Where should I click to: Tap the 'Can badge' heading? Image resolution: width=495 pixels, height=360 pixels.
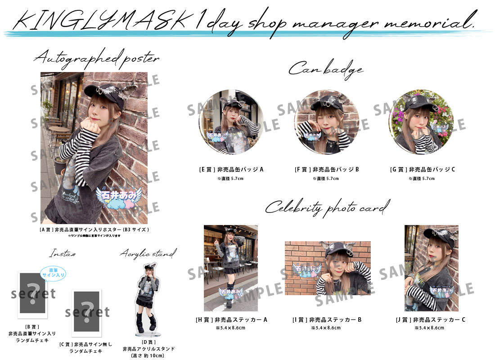pos(325,69)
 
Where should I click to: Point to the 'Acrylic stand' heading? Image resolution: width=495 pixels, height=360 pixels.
pos(148,254)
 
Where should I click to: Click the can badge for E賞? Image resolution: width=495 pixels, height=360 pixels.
pos(230,122)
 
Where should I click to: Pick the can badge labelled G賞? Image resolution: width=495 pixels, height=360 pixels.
pos(422,122)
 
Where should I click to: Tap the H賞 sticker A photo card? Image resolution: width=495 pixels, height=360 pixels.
pos(231,268)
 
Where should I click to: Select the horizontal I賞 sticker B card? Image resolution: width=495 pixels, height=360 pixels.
pos(328,268)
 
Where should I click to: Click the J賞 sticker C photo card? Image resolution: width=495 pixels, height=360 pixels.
pos(431,268)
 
